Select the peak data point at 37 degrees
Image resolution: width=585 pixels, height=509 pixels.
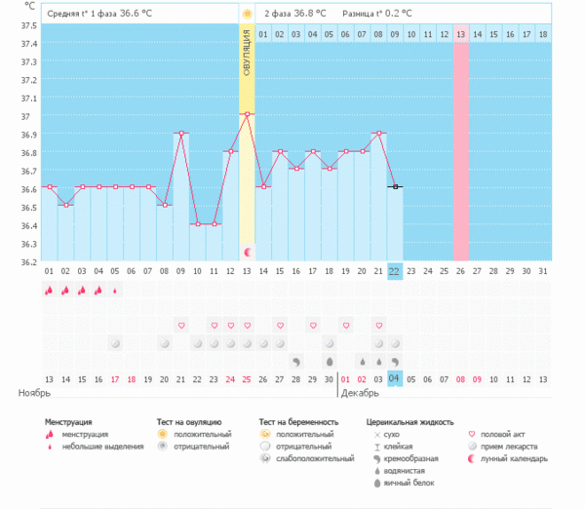[x=247, y=114]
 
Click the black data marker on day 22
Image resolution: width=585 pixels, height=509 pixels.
[x=395, y=186]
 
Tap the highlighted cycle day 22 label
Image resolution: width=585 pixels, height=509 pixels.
[x=395, y=271]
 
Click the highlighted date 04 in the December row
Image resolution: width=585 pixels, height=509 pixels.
[x=395, y=378]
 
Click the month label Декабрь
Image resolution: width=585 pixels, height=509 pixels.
[x=360, y=393]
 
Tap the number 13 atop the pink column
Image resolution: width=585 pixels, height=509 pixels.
[x=460, y=34]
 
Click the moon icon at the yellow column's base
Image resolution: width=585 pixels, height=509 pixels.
[x=247, y=252]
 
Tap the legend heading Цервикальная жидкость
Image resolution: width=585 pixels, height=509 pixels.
[x=409, y=421]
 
